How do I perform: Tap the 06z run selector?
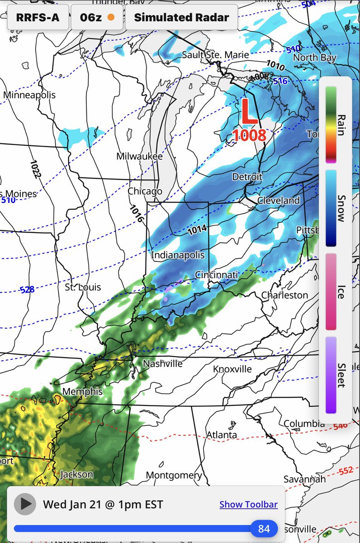(x=97, y=18)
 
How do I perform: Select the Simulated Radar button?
(x=181, y=18)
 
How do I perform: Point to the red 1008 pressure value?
(x=249, y=135)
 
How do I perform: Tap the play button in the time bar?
(x=25, y=504)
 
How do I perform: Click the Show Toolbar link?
(x=248, y=505)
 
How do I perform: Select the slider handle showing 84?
(x=264, y=529)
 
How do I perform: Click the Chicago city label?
(x=145, y=191)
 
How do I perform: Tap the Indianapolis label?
(x=178, y=255)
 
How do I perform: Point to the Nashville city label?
(x=163, y=363)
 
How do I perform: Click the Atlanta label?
(x=222, y=435)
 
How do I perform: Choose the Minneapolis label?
(x=29, y=95)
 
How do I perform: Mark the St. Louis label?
(x=83, y=287)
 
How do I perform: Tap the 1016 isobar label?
(x=136, y=213)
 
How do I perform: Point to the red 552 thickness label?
(x=346, y=471)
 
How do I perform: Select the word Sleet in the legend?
(x=341, y=375)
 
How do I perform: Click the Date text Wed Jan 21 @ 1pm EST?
(x=103, y=504)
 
